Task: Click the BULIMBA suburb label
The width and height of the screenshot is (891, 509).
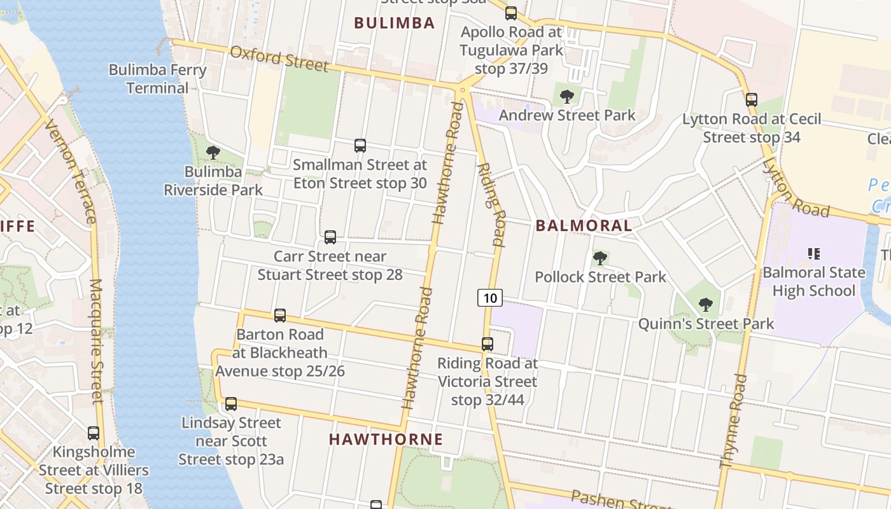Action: click(x=394, y=23)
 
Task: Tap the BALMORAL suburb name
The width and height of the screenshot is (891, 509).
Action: click(x=584, y=225)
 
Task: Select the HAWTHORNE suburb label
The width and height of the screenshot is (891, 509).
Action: click(x=386, y=439)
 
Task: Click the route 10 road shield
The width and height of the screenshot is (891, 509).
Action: click(x=489, y=297)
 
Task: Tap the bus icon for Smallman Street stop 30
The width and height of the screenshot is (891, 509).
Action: click(x=360, y=146)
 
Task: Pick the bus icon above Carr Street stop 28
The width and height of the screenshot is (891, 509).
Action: click(x=330, y=237)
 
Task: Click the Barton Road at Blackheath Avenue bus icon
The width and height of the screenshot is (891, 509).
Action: click(x=280, y=316)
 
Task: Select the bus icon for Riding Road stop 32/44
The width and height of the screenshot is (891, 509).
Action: click(x=488, y=344)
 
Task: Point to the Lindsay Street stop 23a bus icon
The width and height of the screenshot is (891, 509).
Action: click(x=231, y=404)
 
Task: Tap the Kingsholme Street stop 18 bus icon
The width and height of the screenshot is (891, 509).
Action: click(x=94, y=433)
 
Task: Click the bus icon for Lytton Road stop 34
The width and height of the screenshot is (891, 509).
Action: click(x=752, y=100)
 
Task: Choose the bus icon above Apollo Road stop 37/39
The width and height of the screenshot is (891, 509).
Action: click(x=511, y=13)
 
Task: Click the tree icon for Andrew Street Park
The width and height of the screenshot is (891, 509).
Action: click(x=566, y=97)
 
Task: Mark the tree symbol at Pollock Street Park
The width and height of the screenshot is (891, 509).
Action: click(x=600, y=258)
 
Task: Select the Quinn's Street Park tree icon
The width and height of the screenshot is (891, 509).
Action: click(x=705, y=305)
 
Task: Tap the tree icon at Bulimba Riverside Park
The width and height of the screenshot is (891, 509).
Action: click(x=213, y=153)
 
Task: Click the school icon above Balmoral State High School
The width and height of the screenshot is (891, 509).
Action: click(x=813, y=254)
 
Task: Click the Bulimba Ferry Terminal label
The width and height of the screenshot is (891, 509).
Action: click(x=157, y=78)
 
